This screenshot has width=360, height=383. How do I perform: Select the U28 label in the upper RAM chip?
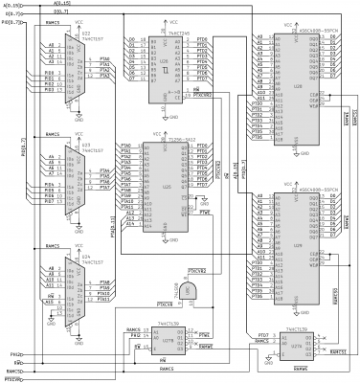pos(284,97)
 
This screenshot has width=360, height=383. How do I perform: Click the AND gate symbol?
pos(191,290)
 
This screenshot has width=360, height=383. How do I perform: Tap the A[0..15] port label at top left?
pos(13,6)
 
